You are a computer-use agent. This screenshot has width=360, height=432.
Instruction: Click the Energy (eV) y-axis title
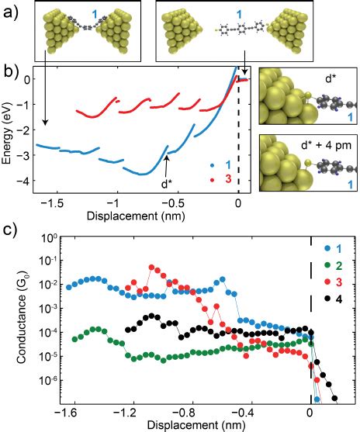coord(8,130)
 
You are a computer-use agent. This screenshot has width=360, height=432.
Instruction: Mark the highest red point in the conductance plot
coord(152,268)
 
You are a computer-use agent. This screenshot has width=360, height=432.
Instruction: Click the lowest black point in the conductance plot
coord(335,400)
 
